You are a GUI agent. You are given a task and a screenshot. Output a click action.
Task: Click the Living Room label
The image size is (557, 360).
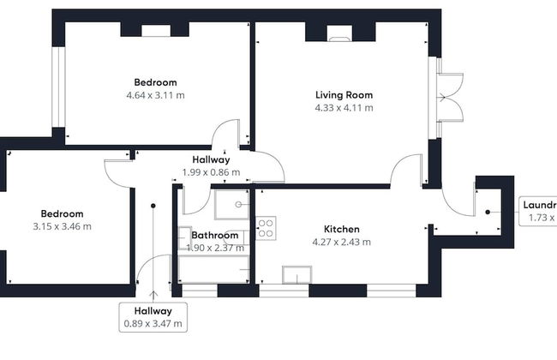click(344, 94)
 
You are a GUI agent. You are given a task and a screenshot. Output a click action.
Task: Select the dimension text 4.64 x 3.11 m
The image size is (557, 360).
click(155, 95)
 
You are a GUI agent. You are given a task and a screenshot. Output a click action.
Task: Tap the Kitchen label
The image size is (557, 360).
click(341, 229)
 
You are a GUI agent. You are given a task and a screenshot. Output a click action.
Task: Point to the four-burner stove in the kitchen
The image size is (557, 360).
click(266, 228)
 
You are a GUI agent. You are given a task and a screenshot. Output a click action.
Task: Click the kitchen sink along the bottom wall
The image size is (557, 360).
click(297, 275)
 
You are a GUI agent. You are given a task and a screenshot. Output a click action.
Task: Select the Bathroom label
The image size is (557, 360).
click(215, 234)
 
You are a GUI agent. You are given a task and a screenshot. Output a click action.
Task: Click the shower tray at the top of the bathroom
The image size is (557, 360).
click(231, 205)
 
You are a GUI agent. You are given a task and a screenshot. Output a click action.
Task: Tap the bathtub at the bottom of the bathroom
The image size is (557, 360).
click(214, 268)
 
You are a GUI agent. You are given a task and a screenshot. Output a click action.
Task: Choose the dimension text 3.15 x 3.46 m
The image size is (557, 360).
click(61, 226)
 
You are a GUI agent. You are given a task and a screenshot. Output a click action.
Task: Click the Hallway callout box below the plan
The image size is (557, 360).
click(153, 317)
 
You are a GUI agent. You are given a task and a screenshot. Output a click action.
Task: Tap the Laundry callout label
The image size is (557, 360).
click(539, 212)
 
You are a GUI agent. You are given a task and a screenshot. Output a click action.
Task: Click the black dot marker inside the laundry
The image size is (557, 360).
click(487, 211)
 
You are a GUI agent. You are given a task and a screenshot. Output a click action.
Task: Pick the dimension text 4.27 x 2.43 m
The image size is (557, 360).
click(341, 242)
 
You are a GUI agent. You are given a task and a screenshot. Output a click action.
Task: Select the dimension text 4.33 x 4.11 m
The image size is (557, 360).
click(344, 108)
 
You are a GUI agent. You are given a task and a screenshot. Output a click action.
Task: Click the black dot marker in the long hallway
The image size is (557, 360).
click(153, 206)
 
